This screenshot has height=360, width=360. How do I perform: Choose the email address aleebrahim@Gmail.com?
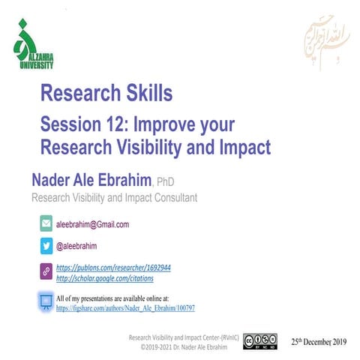coord(93,224)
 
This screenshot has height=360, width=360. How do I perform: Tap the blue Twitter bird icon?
coord(45,246)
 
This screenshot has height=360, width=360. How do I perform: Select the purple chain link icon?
coord(45,271)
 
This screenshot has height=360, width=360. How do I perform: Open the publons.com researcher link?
coord(114,267)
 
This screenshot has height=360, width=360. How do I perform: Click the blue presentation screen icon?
coord(45,302)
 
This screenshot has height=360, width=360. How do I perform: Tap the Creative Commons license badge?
coord(259,341)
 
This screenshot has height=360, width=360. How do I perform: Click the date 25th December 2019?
coord(319,341)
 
